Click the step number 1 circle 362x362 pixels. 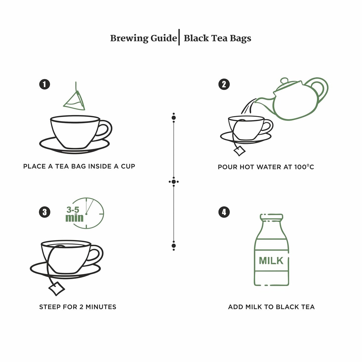[x=45, y=84]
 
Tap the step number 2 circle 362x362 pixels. [x=224, y=84]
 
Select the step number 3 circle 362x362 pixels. [x=45, y=212]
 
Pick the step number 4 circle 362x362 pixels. [x=224, y=212]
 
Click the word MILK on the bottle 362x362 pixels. [x=271, y=261]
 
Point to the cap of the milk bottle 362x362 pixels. [x=271, y=217]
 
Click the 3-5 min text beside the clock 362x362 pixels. [x=74, y=214]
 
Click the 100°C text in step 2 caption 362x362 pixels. [x=304, y=167]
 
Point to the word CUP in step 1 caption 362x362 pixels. [x=128, y=166]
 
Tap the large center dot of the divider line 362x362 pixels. [x=174, y=182]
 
